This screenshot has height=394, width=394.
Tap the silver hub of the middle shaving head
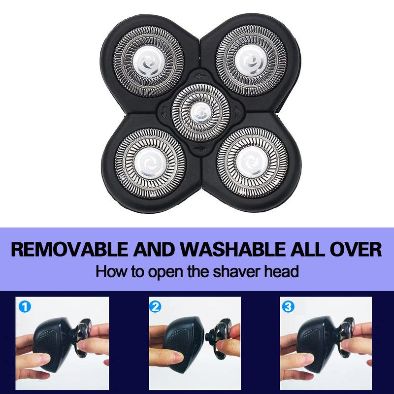[x=201, y=113]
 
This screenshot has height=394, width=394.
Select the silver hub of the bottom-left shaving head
[x=150, y=163]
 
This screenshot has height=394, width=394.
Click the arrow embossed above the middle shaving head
[x=201, y=75]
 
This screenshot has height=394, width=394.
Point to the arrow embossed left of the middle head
[x=164, y=112]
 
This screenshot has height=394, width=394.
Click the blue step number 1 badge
[x=25, y=307]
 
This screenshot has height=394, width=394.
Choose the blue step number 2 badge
[x=155, y=307]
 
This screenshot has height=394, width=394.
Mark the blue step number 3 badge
[x=288, y=307]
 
